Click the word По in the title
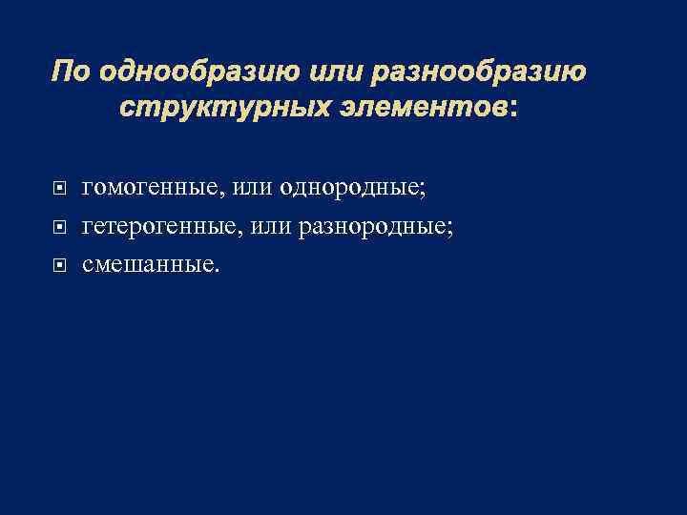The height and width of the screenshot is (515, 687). [x=71, y=72]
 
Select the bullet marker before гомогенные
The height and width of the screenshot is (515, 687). [x=61, y=188]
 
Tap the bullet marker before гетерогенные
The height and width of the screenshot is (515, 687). [x=61, y=226]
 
